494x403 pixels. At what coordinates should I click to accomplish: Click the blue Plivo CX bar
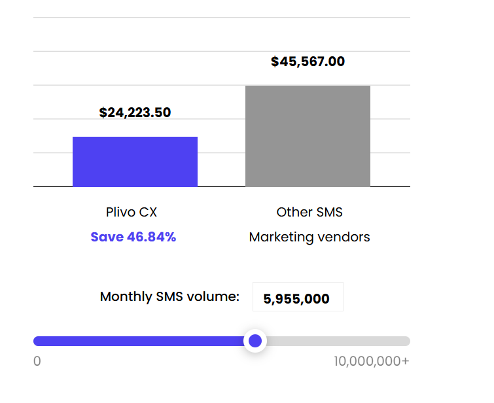coord(135,162)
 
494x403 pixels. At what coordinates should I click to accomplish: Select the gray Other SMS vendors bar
coord(308,136)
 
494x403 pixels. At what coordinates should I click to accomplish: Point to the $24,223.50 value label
coord(135,113)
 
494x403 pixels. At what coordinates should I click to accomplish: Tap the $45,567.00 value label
coord(308,62)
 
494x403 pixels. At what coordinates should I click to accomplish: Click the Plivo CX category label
coord(132,212)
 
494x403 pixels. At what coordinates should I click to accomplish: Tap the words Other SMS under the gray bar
coord(309,212)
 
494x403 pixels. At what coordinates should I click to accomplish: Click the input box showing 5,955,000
coord(297,298)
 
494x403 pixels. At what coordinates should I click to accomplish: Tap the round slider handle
coord(255,341)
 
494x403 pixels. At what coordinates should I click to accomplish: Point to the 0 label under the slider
coord(37,361)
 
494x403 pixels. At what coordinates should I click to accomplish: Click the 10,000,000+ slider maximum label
coord(371,361)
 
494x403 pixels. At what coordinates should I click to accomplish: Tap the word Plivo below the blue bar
coord(120,212)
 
